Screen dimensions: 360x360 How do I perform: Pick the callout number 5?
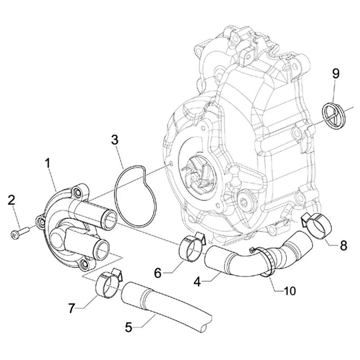tap(129, 327)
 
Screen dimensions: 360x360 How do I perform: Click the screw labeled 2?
tap(21, 232)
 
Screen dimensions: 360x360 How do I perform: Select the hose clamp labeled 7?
tap(107, 285)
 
